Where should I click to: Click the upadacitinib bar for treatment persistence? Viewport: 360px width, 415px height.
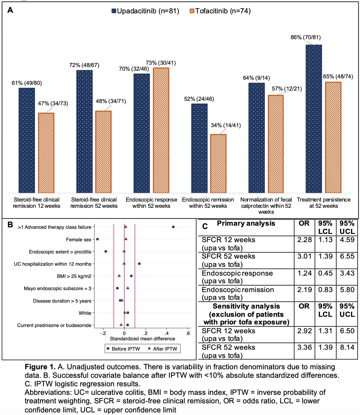pyautogui.click(x=313, y=119)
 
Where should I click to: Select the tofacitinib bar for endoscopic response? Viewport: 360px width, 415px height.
pyautogui.click(x=161, y=130)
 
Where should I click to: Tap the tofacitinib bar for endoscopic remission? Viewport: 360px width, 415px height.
pyautogui.click(x=218, y=164)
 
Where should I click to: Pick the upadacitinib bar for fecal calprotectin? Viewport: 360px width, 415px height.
pyautogui.click(x=257, y=138)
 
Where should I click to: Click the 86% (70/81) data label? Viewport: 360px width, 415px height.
pyautogui.click(x=306, y=37)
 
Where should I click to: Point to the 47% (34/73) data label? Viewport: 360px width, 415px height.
pyautogui.click(x=53, y=103)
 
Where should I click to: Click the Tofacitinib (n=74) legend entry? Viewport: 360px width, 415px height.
pyautogui.click(x=220, y=11)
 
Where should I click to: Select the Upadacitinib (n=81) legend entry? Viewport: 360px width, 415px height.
pyautogui.click(x=145, y=11)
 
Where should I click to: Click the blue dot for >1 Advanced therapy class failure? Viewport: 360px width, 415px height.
pyautogui.click(x=173, y=227)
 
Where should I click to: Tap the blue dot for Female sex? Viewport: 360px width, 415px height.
pyautogui.click(x=97, y=239)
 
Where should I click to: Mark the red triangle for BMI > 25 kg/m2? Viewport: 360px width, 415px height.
pyautogui.click(x=119, y=276)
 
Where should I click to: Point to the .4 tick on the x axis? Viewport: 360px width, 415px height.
pyautogui.click(x=166, y=334)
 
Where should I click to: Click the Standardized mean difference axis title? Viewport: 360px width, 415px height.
pyautogui.click(x=142, y=339)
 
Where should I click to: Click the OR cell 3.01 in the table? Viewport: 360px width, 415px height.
pyautogui.click(x=304, y=256)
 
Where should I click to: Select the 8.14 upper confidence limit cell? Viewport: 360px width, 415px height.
pyautogui.click(x=347, y=347)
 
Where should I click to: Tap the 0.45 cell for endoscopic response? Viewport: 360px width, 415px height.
pyautogui.click(x=325, y=273)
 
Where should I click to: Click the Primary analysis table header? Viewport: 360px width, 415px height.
pyautogui.click(x=246, y=223)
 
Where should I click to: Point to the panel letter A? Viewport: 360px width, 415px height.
pyautogui.click(x=10, y=10)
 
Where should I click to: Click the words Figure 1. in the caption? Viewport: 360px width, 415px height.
pyautogui.click(x=40, y=367)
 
